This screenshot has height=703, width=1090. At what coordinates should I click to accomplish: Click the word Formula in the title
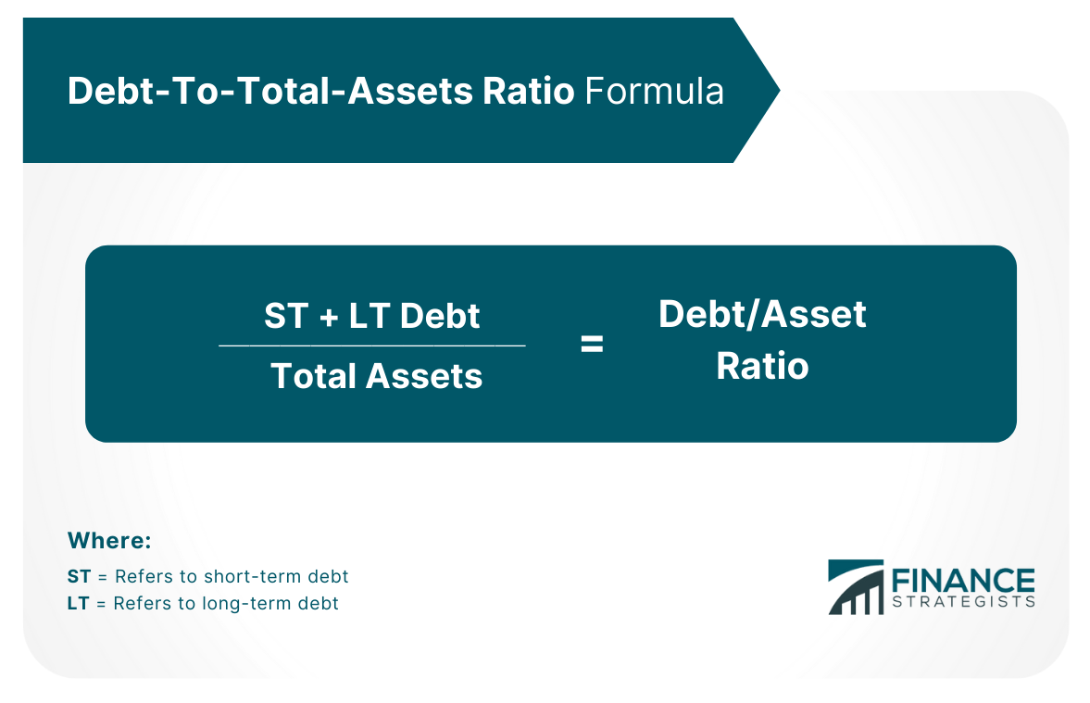tap(654, 91)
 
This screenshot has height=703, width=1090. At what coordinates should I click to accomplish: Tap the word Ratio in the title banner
tap(528, 91)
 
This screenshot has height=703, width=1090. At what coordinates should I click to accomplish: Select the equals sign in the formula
tap(592, 344)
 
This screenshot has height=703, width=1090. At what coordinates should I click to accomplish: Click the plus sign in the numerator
tap(329, 318)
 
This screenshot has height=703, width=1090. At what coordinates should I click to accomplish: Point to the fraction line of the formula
tap(372, 345)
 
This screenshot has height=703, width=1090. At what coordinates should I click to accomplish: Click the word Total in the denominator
tap(313, 376)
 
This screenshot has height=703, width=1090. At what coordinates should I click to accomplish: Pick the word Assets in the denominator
tap(424, 376)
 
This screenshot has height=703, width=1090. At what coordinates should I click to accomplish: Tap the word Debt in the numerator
tap(440, 316)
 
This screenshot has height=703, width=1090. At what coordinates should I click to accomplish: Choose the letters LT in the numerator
tap(369, 316)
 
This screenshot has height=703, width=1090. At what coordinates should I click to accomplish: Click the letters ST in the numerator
tap(286, 316)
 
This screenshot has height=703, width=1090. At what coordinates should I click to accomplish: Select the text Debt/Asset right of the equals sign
tap(762, 314)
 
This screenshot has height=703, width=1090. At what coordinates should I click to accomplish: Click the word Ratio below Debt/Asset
tap(762, 366)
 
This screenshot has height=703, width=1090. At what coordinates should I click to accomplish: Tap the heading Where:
tap(109, 540)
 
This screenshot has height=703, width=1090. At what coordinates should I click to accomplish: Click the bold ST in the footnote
tap(80, 576)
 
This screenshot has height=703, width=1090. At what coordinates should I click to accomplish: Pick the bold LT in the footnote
tap(79, 603)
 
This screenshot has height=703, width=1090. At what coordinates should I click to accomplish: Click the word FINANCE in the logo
tap(963, 581)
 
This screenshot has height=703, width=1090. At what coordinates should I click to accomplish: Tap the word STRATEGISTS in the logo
tap(963, 601)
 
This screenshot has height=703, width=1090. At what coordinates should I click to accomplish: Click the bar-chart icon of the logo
tap(856, 587)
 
